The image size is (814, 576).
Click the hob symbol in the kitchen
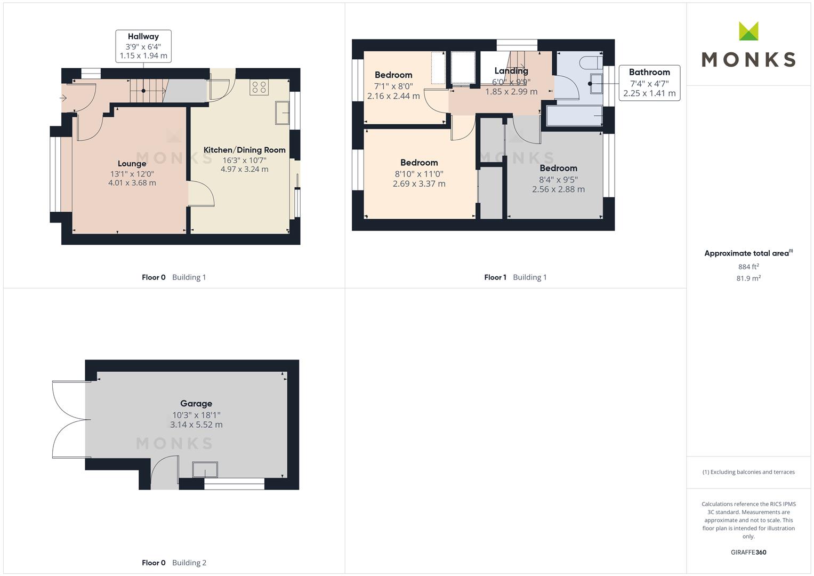tap(259, 87)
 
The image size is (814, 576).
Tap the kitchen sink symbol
tap(282, 113)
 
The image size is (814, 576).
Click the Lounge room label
tap(132, 164)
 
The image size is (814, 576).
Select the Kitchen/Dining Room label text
tap(245, 150)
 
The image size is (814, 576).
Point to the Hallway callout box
tap(143, 46)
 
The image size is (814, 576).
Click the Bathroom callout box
tap(649, 83)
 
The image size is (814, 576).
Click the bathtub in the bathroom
tap(575, 116)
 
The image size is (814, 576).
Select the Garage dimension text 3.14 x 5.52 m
tap(196, 425)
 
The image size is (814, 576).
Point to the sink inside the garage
tap(205, 470)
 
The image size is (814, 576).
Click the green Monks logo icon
tap(748, 31)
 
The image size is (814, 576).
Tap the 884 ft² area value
tap(748, 267)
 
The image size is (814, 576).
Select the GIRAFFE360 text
tap(748, 552)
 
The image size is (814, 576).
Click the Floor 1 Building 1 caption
tap(515, 277)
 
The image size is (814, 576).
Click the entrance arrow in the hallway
tap(63, 98)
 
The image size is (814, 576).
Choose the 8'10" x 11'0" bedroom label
tap(419, 173)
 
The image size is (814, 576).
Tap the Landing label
tap(511, 71)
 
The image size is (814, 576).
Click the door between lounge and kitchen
tap(202, 194)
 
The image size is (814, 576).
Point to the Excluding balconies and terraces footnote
tap(748, 472)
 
